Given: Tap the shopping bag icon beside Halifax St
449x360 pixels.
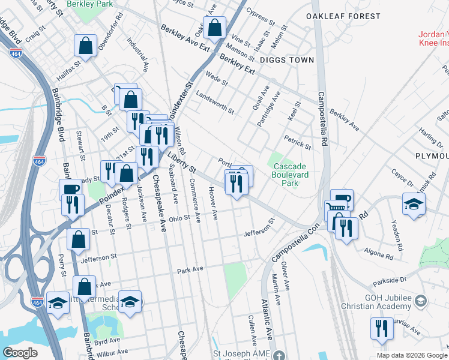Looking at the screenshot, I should coord(86,46).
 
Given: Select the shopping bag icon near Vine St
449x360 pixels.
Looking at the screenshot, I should coord(214,28).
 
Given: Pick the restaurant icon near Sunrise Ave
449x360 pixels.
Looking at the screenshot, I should coord(381,328).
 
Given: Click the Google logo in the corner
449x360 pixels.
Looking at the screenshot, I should coord(20,353).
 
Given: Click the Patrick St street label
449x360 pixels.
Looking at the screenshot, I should coord(298,142).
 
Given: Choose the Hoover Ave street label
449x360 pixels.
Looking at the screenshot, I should coord(212,203).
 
